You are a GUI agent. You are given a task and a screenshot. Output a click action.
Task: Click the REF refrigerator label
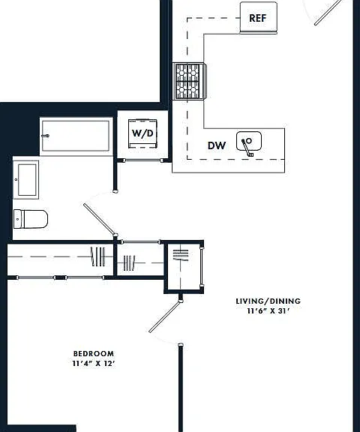[x=257, y=18]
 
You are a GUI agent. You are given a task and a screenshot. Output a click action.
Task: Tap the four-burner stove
[x=189, y=81]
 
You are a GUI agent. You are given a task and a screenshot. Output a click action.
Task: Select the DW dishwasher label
[x=217, y=145]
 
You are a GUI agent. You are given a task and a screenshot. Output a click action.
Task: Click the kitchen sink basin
[x=249, y=141]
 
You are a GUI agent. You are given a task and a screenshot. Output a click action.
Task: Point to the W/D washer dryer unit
[x=142, y=133]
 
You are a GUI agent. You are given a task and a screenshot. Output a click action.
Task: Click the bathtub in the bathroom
[x=76, y=136]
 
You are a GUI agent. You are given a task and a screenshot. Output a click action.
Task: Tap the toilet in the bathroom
[x=31, y=219]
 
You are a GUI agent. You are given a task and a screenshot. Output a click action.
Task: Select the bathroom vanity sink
[x=26, y=180]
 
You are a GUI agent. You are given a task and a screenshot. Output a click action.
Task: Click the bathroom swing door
[x=100, y=220]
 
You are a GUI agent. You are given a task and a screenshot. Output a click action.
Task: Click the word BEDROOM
[x=94, y=353]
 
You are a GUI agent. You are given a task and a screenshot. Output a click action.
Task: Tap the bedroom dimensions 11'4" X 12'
[x=94, y=364]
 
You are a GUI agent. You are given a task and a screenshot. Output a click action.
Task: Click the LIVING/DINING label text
[x=268, y=301]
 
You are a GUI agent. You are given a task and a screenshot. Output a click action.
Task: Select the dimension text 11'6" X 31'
[x=268, y=311]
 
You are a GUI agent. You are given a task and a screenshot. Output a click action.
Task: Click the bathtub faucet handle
[x=46, y=136]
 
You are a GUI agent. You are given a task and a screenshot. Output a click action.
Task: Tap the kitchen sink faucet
[x=247, y=148]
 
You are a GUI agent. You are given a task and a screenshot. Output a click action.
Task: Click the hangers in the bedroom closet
[x=97, y=256]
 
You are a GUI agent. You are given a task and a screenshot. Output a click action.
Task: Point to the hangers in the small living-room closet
[x=181, y=255]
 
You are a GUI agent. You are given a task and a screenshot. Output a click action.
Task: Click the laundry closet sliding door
[x=142, y=160]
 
